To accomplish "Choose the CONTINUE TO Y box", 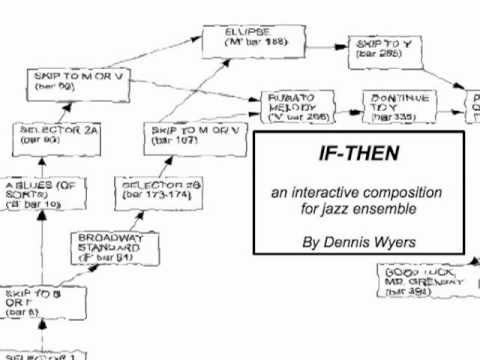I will [x=397, y=107].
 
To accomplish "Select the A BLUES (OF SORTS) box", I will [x=43, y=192].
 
